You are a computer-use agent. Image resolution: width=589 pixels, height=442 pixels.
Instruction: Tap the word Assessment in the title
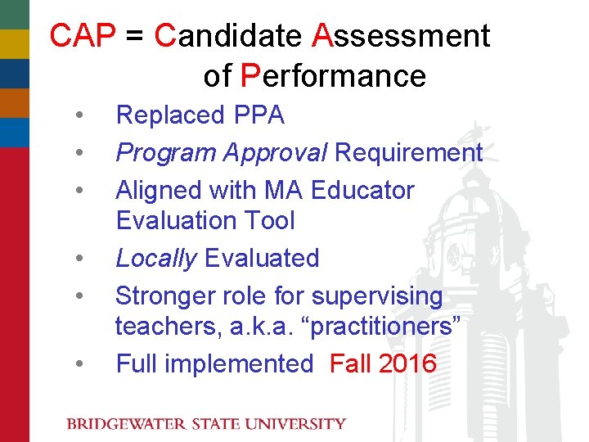402,36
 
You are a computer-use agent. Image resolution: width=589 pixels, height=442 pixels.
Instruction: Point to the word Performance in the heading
334,76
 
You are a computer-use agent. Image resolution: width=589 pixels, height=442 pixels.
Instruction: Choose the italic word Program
166,153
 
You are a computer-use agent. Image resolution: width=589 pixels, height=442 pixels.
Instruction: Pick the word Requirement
409,153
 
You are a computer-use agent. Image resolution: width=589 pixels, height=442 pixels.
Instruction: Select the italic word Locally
156,259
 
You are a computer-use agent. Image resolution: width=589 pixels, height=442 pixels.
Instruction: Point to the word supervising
377,296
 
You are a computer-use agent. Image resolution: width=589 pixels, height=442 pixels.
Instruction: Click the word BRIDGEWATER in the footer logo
127,424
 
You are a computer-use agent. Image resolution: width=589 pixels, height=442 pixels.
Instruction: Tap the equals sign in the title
137,37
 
